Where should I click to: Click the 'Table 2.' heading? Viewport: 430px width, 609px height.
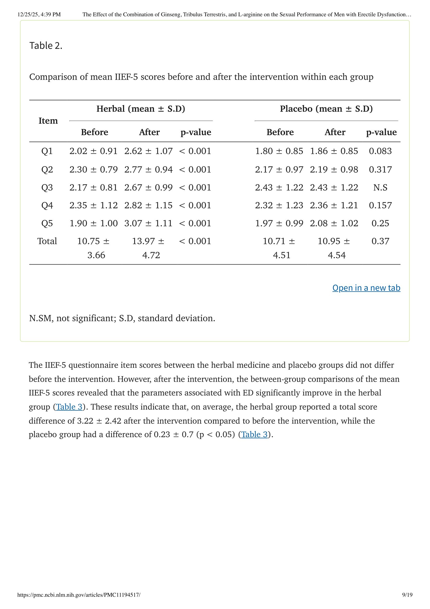[46, 46]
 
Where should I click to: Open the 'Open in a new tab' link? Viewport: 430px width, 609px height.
[366, 288]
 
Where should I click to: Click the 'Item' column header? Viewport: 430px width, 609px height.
[48, 121]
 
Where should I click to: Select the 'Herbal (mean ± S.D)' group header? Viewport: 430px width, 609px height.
[141, 109]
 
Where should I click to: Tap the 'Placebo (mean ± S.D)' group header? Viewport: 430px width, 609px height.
[326, 109]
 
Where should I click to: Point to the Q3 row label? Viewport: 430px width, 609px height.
[47, 187]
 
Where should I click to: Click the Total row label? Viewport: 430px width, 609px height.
[47, 241]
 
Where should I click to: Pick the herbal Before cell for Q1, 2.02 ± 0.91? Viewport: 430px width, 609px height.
[94, 151]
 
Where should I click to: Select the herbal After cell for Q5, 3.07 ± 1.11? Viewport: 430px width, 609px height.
[148, 223]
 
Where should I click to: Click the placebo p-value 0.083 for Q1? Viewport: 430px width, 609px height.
[380, 151]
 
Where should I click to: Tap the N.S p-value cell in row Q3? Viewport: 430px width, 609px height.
[380, 187]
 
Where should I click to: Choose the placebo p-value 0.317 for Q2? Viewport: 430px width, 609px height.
[380, 169]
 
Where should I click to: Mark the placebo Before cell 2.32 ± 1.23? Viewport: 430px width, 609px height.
[279, 205]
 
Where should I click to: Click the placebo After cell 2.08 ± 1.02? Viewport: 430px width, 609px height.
[334, 223]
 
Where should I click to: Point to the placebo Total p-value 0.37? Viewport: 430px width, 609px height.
[380, 241]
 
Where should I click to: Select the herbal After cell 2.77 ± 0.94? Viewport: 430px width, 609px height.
[148, 169]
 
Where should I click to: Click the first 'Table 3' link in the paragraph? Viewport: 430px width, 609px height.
[69, 407]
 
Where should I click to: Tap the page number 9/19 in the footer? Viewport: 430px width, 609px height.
[407, 595]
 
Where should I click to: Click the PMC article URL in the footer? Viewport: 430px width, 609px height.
[79, 595]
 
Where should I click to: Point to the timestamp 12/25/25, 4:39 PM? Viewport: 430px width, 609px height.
[39, 15]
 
